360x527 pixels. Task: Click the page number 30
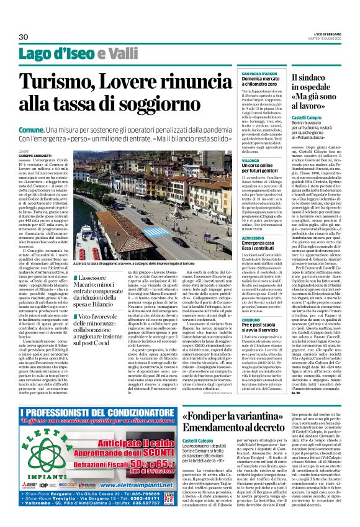click(24, 37)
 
